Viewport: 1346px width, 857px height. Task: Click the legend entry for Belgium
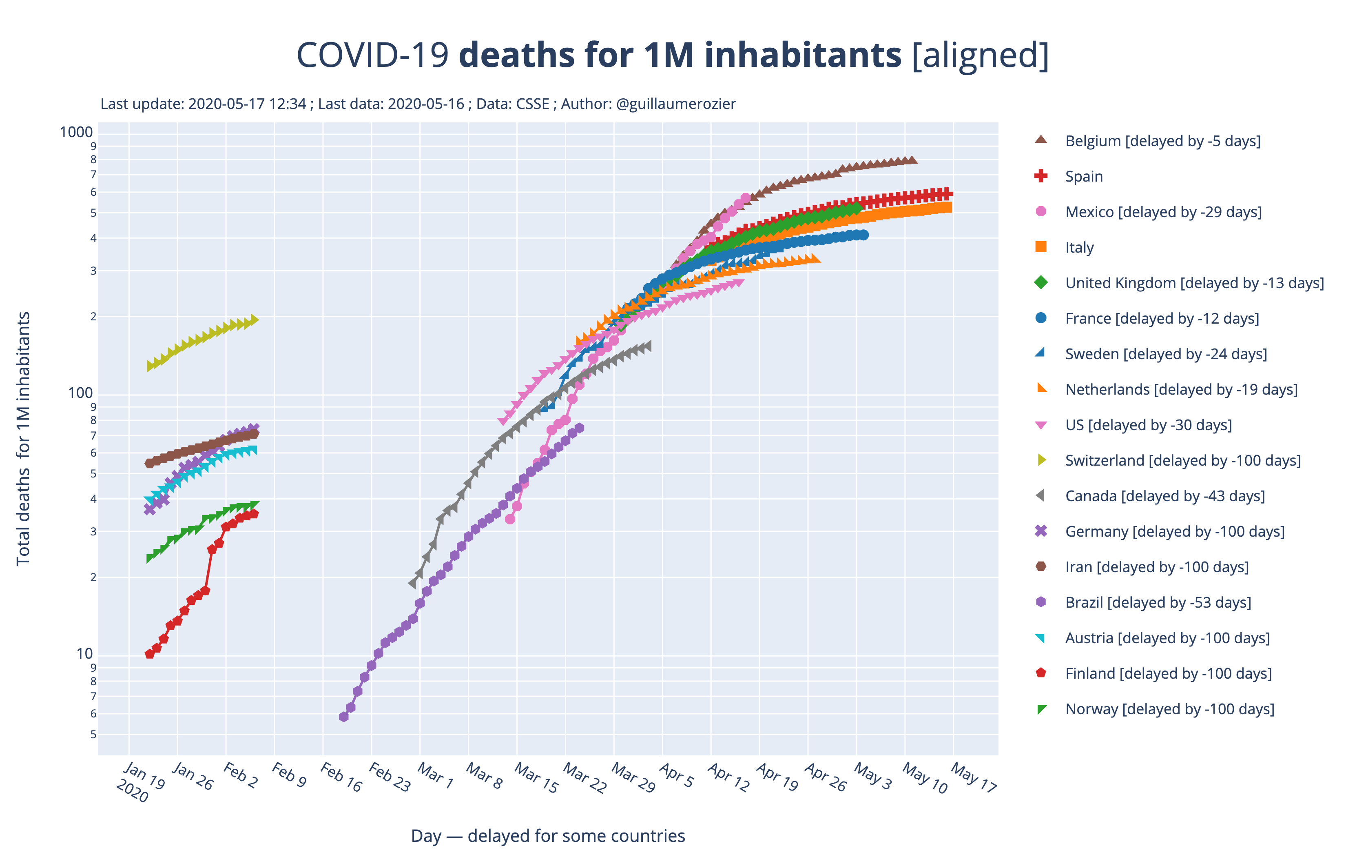(1162, 141)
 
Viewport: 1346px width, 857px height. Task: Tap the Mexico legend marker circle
(1041, 211)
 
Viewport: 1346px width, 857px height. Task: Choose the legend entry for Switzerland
(1182, 460)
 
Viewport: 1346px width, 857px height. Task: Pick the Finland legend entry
(1168, 673)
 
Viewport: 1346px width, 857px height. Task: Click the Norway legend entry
(1169, 709)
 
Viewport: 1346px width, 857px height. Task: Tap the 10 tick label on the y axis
(84, 653)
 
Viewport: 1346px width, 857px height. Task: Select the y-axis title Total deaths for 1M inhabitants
(24, 439)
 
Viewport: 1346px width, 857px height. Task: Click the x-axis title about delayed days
(548, 836)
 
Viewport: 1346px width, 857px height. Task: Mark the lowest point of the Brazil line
(344, 717)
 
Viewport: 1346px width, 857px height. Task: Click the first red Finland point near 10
(149, 654)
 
